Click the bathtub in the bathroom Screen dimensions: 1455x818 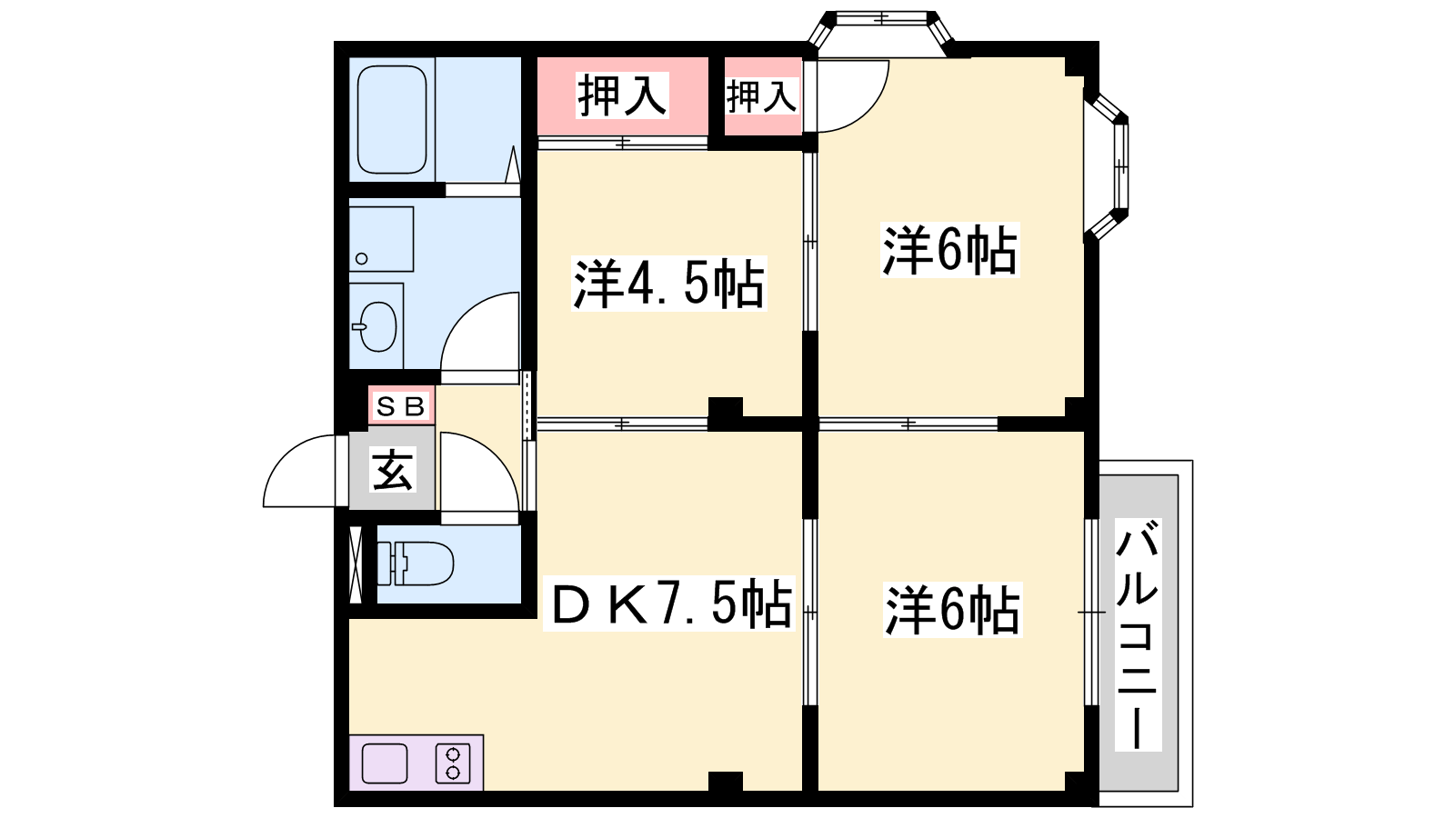[x=392, y=119]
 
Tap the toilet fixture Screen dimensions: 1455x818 [x=416, y=564]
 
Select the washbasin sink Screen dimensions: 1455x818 [x=376, y=326]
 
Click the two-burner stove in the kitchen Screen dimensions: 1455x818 [x=453, y=763]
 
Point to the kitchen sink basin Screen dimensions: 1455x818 [x=385, y=763]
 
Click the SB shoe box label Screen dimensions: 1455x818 [x=401, y=406]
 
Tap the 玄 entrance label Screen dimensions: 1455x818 [x=392, y=470]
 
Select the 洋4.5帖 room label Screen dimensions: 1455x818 [x=668, y=284]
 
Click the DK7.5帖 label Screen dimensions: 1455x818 [x=669, y=604]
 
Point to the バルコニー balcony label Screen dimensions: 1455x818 [x=1138, y=634]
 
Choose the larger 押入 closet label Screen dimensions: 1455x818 [x=622, y=95]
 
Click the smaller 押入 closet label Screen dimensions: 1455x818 [x=761, y=96]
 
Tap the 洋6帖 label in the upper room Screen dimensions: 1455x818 [x=949, y=250]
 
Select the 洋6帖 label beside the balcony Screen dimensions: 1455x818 [x=952, y=610]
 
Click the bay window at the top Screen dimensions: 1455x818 [x=881, y=33]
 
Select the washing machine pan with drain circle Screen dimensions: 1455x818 [x=382, y=239]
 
